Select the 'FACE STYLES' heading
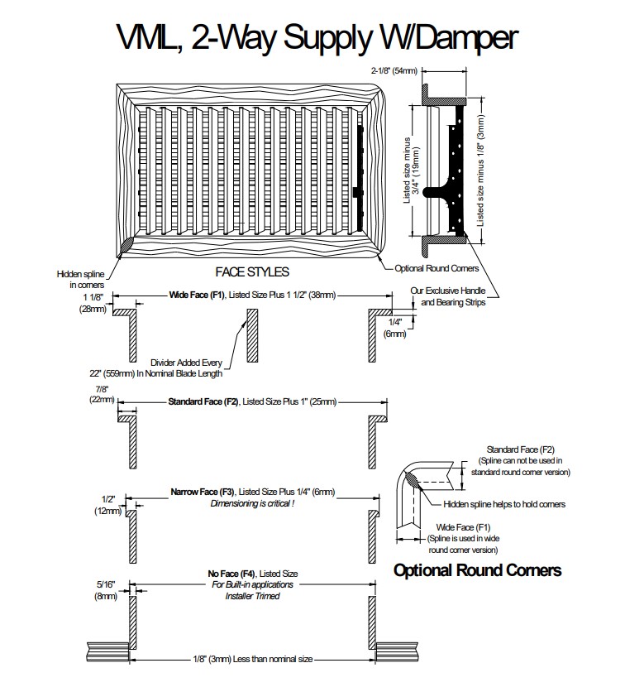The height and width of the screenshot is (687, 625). (x=252, y=271)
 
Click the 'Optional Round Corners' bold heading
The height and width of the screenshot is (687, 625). (x=477, y=569)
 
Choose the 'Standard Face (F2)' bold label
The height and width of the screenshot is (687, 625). (x=203, y=401)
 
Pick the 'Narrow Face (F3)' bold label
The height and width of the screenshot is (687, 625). (x=203, y=492)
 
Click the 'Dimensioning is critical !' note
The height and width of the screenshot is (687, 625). (x=252, y=503)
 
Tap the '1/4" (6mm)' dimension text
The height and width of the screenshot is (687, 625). (x=394, y=327)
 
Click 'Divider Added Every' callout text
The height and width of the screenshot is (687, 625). (x=187, y=362)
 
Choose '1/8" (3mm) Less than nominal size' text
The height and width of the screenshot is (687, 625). (x=253, y=659)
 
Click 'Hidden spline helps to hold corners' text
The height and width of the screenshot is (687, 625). (x=504, y=502)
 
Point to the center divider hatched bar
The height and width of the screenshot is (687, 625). (x=247, y=335)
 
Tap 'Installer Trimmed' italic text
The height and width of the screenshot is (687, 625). (x=252, y=596)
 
